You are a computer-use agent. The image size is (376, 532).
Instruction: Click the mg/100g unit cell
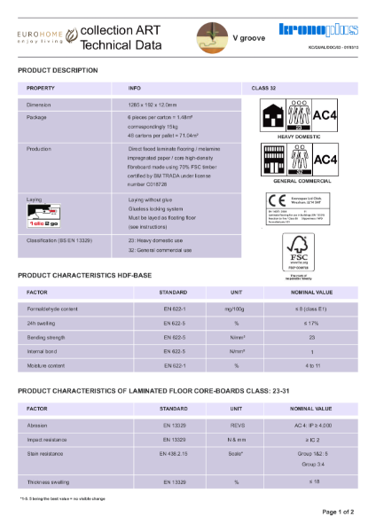[x=236, y=308]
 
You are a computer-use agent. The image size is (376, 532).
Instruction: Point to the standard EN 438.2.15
[x=173, y=453]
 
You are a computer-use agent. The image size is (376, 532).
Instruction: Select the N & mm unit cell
[x=236, y=439]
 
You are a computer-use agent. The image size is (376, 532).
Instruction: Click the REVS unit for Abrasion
[x=236, y=425]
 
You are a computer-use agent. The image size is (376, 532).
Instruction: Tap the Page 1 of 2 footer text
[x=338, y=512]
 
